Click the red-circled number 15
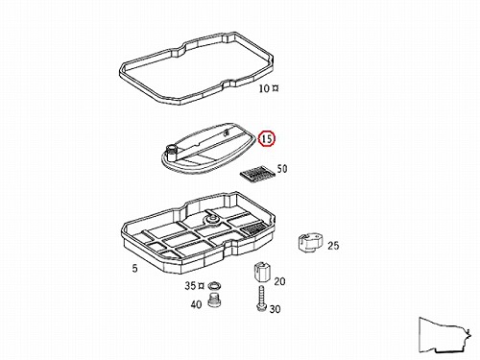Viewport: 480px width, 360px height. [267, 138]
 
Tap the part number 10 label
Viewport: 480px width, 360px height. [264, 88]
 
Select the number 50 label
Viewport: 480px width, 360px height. [282, 169]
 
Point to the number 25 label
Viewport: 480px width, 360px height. [333, 246]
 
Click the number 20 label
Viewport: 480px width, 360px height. [279, 281]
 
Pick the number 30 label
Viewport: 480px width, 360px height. [275, 309]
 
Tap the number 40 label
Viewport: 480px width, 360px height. [196, 304]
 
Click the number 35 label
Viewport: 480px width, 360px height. [190, 285]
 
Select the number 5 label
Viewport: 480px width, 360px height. [135, 268]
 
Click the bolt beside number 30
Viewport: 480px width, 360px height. [261, 299]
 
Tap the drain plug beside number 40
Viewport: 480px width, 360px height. [215, 300]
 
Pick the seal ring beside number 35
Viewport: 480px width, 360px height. [215, 285]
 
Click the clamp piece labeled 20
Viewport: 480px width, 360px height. [261, 272]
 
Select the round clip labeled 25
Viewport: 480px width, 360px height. [310, 243]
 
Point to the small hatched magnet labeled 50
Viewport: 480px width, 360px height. [257, 173]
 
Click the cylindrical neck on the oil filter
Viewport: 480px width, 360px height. [172, 151]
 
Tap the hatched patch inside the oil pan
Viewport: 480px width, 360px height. [253, 229]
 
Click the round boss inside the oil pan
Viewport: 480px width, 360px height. [211, 219]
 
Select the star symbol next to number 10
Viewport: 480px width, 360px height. [275, 88]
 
